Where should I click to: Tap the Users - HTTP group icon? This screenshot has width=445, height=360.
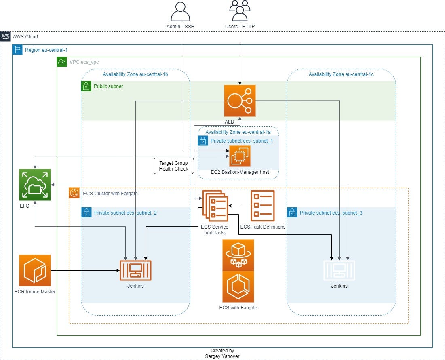pos(240,11)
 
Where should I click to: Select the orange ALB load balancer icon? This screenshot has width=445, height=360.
pos(240,101)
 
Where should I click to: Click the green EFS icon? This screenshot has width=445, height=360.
pos(35,185)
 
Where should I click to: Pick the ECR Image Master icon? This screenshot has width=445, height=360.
pos(35,270)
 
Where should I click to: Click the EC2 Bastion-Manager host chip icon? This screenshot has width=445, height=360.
pos(240,156)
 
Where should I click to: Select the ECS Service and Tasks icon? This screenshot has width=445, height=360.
pos(215,206)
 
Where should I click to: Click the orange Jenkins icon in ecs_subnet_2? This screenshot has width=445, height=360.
pos(135,270)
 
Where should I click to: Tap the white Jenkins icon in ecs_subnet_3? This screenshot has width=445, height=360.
pos(339,270)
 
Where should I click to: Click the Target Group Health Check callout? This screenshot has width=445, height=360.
pos(174,166)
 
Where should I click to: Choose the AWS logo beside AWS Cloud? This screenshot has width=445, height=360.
pos(5,36)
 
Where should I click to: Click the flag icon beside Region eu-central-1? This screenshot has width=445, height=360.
pos(17,50)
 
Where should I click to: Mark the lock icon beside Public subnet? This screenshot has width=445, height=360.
pos(86,86)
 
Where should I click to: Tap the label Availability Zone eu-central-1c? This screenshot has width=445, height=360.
pos(341,74)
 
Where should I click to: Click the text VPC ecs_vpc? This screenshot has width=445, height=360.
pos(84,62)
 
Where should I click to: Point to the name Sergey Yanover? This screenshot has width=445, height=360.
pos(222,356)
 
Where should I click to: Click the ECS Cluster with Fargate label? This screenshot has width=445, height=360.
pos(110,194)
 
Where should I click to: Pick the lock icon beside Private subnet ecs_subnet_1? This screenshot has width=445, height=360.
pos(202,141)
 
